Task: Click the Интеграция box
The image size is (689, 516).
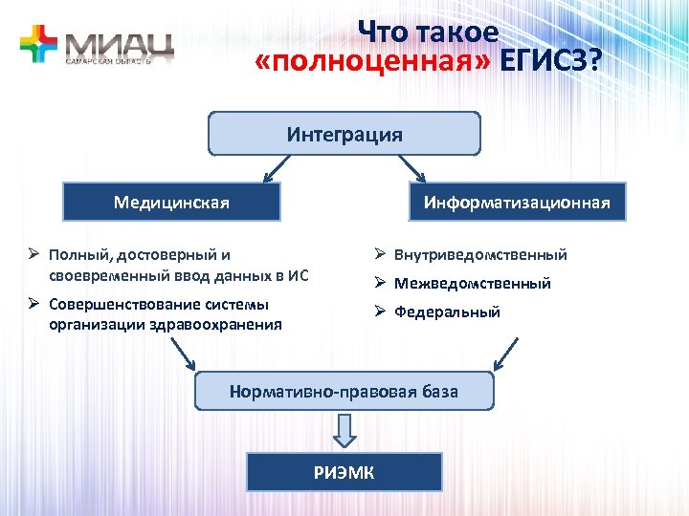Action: pyautogui.click(x=344, y=134)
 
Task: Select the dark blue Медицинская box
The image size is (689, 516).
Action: pyautogui.click(x=171, y=203)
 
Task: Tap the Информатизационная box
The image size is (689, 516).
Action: pyautogui.click(x=517, y=203)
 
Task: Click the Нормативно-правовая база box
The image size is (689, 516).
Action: pyautogui.click(x=344, y=392)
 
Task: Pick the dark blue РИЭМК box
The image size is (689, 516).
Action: pyautogui.click(x=344, y=472)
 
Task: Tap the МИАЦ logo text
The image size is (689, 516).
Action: pyautogui.click(x=119, y=43)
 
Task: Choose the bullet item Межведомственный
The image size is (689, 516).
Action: pyautogui.click(x=473, y=284)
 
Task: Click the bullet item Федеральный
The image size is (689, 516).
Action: pyautogui.click(x=447, y=312)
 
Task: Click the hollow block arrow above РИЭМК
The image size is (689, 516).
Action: pyautogui.click(x=345, y=431)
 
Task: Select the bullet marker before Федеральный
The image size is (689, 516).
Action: pyautogui.click(x=379, y=312)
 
